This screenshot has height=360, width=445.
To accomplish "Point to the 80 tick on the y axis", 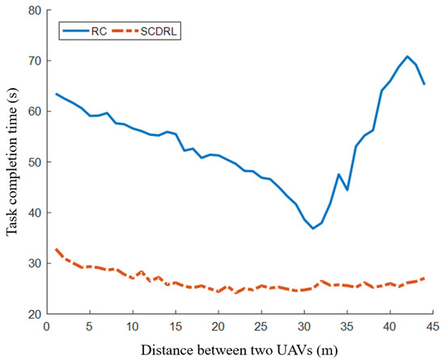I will [33, 11].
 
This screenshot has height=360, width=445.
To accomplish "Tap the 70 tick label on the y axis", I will [33, 61].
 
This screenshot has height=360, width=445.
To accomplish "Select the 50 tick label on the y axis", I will [33, 162].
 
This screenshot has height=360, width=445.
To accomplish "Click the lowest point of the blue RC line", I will [313, 228].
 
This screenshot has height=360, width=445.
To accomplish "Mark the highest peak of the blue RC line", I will [407, 57].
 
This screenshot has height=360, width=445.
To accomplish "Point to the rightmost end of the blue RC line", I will [425, 83].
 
